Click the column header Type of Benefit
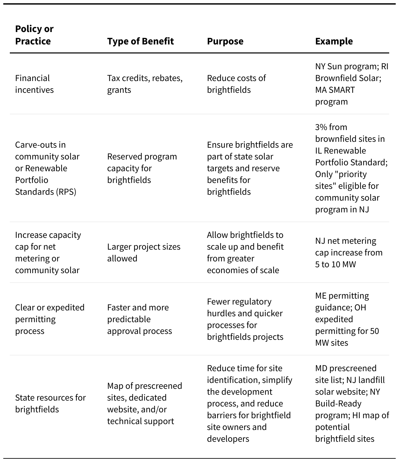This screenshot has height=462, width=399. tap(140, 41)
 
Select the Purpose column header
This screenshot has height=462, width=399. tap(225, 41)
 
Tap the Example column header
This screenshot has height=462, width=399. tap(334, 41)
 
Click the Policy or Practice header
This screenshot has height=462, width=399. tap(34, 35)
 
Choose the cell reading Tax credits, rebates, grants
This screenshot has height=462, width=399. tap(145, 84)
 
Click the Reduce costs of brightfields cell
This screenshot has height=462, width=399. tap(236, 84)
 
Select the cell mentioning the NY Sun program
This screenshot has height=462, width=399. tap(351, 84)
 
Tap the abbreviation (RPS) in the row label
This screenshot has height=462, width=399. tap(66, 192)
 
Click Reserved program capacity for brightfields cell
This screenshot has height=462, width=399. tap(142, 168)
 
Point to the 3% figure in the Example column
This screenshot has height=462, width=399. tap(322, 127)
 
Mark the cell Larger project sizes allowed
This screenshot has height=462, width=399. tap(144, 253)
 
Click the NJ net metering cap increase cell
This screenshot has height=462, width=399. tap(349, 253)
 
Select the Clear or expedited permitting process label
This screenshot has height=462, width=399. tap(50, 319)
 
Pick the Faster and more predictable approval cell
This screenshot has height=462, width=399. tap(139, 319)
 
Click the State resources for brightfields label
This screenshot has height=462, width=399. tap(50, 404)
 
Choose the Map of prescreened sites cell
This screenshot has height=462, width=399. tap(145, 404)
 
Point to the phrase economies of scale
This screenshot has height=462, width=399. tap(243, 270)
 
